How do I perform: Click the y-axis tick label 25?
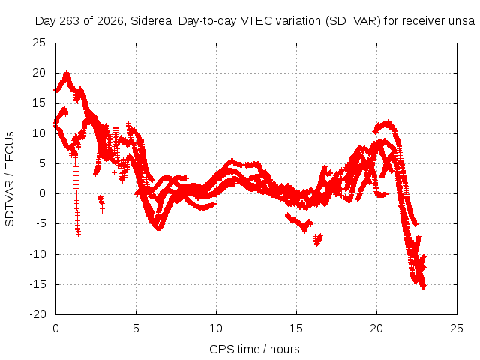click(x=39, y=43)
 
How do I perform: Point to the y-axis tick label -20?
click(x=37, y=314)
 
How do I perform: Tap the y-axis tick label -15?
click(x=37, y=284)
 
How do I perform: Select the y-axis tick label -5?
click(x=40, y=223)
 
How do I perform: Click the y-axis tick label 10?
click(x=39, y=133)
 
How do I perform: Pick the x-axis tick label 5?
click(x=136, y=328)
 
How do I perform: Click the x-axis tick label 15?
click(x=296, y=328)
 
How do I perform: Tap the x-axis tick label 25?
click(x=457, y=328)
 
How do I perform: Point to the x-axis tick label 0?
click(x=55, y=328)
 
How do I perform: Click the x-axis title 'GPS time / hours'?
click(x=254, y=349)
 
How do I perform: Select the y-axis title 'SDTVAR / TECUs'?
click(x=10, y=179)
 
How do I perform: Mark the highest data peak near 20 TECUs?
click(x=67, y=73)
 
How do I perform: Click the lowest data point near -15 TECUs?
click(x=424, y=286)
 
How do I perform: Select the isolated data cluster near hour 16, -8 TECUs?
click(x=318, y=239)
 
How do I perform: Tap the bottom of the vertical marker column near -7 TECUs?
click(x=78, y=234)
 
